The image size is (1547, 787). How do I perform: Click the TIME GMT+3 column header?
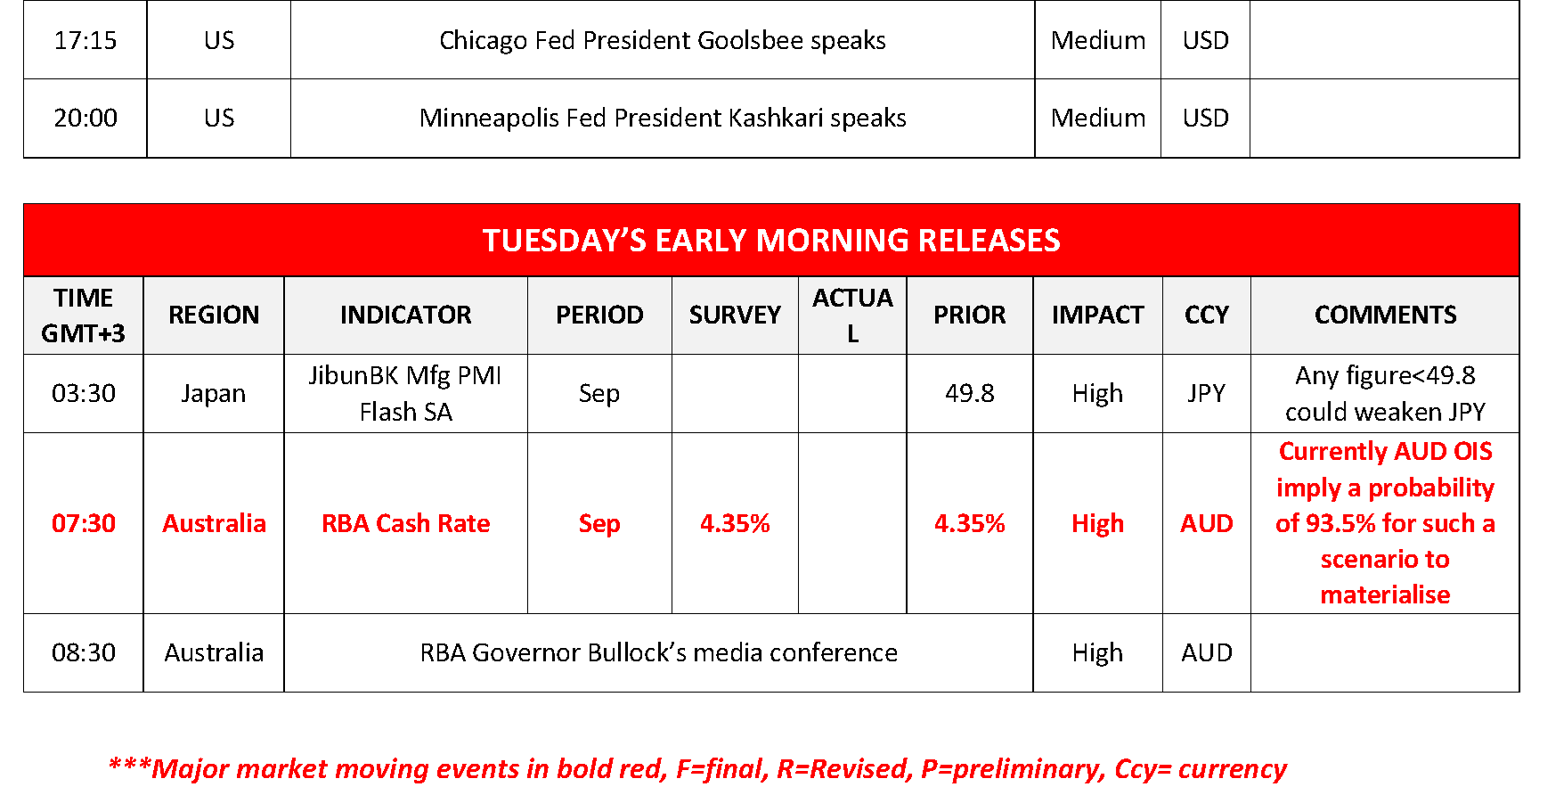pyautogui.click(x=83, y=315)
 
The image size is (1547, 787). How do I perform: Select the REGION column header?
pyautogui.click(x=214, y=315)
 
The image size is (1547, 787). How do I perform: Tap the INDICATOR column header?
pyautogui.click(x=405, y=315)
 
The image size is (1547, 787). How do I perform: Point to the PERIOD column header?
pyautogui.click(x=599, y=315)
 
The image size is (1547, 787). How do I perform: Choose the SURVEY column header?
pyautogui.click(x=735, y=315)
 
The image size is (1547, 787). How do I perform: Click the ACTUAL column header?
pyautogui.click(x=852, y=315)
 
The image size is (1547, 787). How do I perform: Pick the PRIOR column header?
pyautogui.click(x=969, y=315)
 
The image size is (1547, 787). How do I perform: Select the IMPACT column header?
pyautogui.click(x=1097, y=315)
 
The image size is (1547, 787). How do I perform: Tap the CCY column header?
pyautogui.click(x=1207, y=315)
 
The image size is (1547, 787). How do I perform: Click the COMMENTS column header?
pyautogui.click(x=1385, y=315)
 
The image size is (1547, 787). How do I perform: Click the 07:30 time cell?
pyautogui.click(x=84, y=523)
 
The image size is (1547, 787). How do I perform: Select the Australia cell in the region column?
pyautogui.click(x=215, y=523)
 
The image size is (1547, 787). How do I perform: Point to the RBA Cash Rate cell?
pyautogui.click(x=406, y=523)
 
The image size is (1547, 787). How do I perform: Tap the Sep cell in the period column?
pyautogui.click(x=599, y=523)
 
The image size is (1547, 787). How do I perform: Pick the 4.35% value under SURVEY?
pyautogui.click(x=735, y=523)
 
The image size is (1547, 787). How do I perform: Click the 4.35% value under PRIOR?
pyautogui.click(x=969, y=523)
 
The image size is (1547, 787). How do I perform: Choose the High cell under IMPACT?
pyautogui.click(x=1097, y=523)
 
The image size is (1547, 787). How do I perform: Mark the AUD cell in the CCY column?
pyautogui.click(x=1207, y=523)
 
